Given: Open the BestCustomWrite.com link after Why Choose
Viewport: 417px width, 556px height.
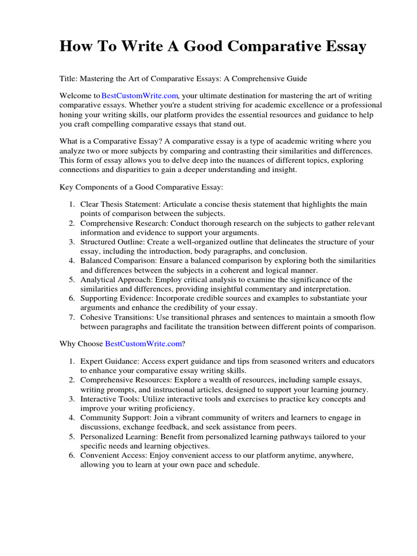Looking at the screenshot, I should [143, 344].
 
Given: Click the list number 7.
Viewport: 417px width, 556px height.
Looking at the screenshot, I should [72, 317].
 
